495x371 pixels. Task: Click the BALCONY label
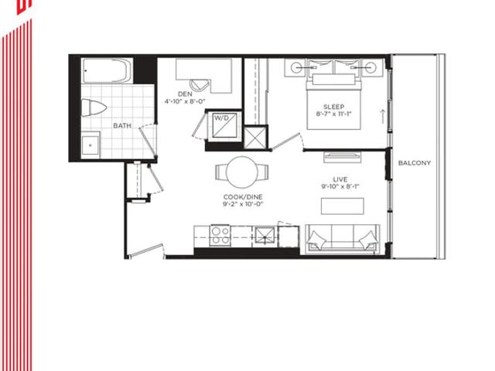click(x=415, y=163)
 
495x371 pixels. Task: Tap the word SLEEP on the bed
click(x=333, y=107)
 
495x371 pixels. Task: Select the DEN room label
click(x=185, y=94)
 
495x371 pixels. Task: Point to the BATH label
click(x=122, y=125)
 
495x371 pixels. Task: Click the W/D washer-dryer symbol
click(x=224, y=125)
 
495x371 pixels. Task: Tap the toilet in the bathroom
click(x=94, y=108)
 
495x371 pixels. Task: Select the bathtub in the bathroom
click(x=107, y=70)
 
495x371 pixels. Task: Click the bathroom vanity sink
click(x=90, y=145)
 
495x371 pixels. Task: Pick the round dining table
click(x=242, y=172)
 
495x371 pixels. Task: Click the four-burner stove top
click(x=220, y=235)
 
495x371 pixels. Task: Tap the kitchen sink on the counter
click(x=265, y=235)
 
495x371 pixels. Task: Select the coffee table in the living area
click(x=343, y=206)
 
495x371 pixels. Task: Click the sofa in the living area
click(x=343, y=239)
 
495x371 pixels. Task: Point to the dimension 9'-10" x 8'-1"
click(x=340, y=186)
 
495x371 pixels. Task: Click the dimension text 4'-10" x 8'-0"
click(x=185, y=101)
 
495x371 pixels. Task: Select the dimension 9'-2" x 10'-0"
click(x=243, y=204)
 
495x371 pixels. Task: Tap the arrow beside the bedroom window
click(x=383, y=116)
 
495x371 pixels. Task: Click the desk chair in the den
click(x=200, y=84)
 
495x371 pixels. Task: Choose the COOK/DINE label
click(x=243, y=197)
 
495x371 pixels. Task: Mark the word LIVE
click(x=340, y=179)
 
